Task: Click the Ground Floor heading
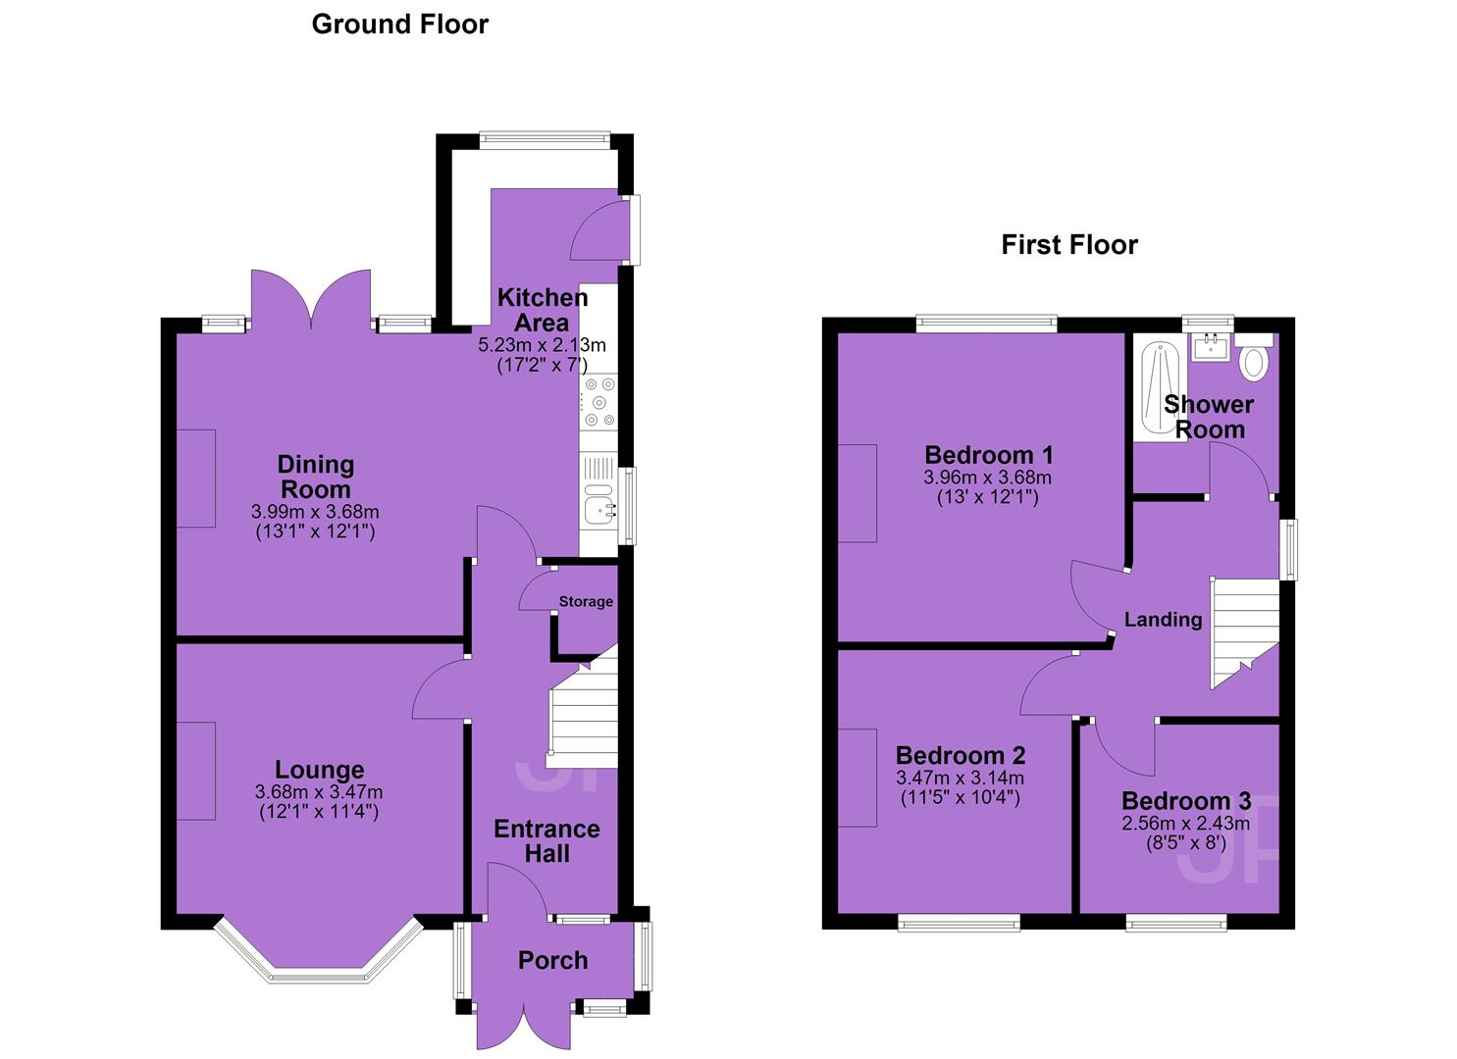(x=400, y=25)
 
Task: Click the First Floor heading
(x=1069, y=245)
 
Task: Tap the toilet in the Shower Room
(x=1254, y=357)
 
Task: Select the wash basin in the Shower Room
(x=1211, y=347)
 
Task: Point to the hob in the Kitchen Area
(x=599, y=401)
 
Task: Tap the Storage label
(x=586, y=602)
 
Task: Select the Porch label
(x=553, y=961)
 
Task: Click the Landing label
(x=1163, y=620)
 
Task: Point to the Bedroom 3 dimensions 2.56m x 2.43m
(x=1185, y=823)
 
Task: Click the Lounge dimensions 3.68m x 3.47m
(x=319, y=792)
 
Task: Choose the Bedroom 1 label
(x=988, y=454)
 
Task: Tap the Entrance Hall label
(x=547, y=841)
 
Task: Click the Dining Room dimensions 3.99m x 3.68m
(x=316, y=512)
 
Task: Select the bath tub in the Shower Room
(x=1161, y=388)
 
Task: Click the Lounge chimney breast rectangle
(x=196, y=771)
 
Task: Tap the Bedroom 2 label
(x=961, y=755)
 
